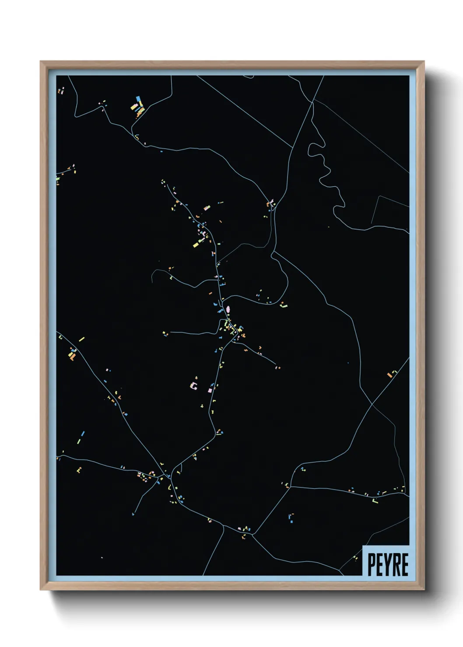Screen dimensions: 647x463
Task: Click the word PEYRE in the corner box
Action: point(388,564)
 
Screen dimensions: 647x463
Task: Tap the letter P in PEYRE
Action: point(372,564)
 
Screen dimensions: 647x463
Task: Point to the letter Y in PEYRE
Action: point(388,564)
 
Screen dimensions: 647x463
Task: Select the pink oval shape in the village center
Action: point(228,310)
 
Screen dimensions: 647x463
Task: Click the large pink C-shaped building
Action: point(193,386)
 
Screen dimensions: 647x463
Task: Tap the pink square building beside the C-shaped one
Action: point(210,390)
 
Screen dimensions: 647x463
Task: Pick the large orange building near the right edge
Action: point(389,375)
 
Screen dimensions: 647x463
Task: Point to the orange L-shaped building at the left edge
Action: point(72,357)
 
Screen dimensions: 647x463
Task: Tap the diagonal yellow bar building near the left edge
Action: point(81,339)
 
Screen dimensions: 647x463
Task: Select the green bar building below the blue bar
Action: point(80,441)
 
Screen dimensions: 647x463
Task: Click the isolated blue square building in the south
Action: point(291,521)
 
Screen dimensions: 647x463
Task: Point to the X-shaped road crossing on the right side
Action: point(372,403)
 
